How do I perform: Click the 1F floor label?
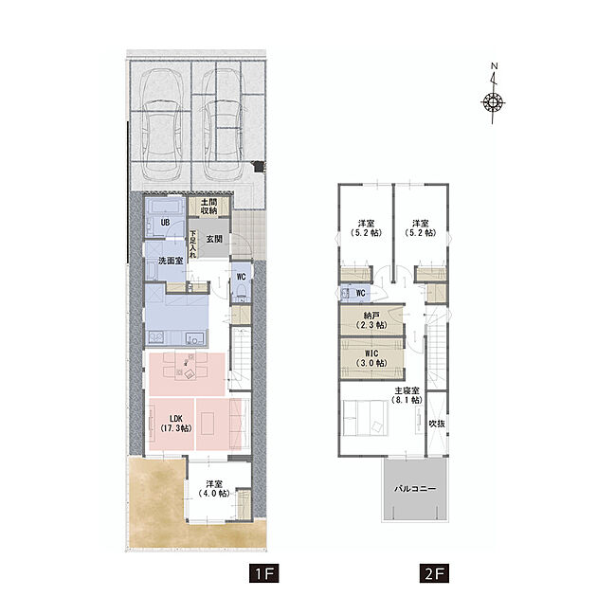point(263,573)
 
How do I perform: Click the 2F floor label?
point(434,573)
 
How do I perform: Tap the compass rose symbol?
point(493,102)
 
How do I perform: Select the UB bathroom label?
point(165,222)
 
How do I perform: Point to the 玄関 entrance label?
point(214,239)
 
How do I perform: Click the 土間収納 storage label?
point(208,206)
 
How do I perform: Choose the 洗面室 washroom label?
point(171,261)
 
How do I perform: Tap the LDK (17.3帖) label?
point(176,424)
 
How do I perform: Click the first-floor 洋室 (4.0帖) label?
point(214,488)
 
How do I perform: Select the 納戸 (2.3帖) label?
point(371,320)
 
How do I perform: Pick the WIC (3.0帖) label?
point(371,358)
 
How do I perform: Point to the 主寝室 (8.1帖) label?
point(407,395)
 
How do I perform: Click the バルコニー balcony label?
point(415,488)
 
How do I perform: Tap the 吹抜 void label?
point(437,423)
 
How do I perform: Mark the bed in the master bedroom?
point(366,418)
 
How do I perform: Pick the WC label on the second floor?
point(360,293)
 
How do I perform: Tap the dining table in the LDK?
point(186,367)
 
